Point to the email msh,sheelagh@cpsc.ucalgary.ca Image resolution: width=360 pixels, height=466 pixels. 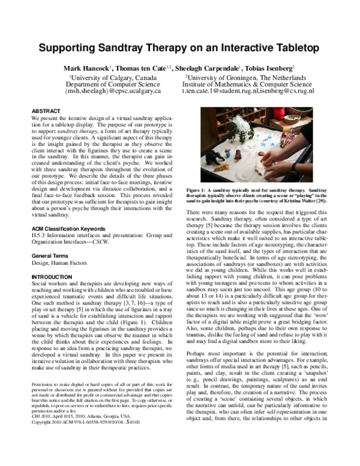[110, 94]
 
